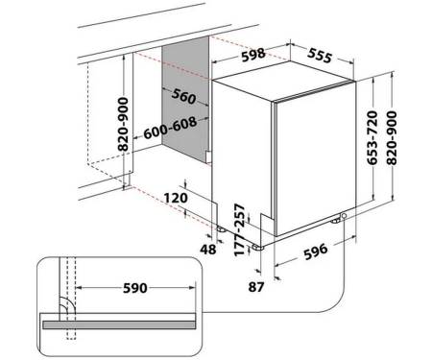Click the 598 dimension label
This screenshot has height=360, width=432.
pyautogui.click(x=253, y=55)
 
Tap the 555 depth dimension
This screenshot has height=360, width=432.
pyautogui.click(x=320, y=56)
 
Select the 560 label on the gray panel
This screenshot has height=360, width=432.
pyautogui.click(x=183, y=96)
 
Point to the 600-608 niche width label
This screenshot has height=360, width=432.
pyautogui.click(x=170, y=128)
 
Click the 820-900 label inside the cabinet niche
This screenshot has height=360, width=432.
pyautogui.click(x=123, y=124)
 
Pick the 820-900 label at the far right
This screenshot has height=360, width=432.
pyautogui.click(x=392, y=138)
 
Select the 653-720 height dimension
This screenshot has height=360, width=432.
pyautogui.click(x=372, y=138)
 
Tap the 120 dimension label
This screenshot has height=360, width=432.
pyautogui.click(x=176, y=198)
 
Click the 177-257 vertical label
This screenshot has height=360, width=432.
pyautogui.click(x=240, y=229)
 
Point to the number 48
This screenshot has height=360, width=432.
pyautogui.click(x=208, y=249)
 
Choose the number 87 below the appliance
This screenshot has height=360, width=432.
pyautogui.click(x=256, y=287)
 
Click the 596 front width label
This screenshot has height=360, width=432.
pyautogui.click(x=316, y=252)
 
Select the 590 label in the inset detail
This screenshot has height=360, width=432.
pyautogui.click(x=135, y=288)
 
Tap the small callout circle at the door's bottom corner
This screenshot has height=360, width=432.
pyautogui.click(x=344, y=216)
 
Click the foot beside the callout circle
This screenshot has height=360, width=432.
pyautogui.click(x=336, y=221)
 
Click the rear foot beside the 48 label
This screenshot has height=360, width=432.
pyautogui.click(x=221, y=229)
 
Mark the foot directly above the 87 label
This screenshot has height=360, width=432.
pyautogui.click(x=257, y=248)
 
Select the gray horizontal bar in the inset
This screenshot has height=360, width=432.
pyautogui.click(x=119, y=324)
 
